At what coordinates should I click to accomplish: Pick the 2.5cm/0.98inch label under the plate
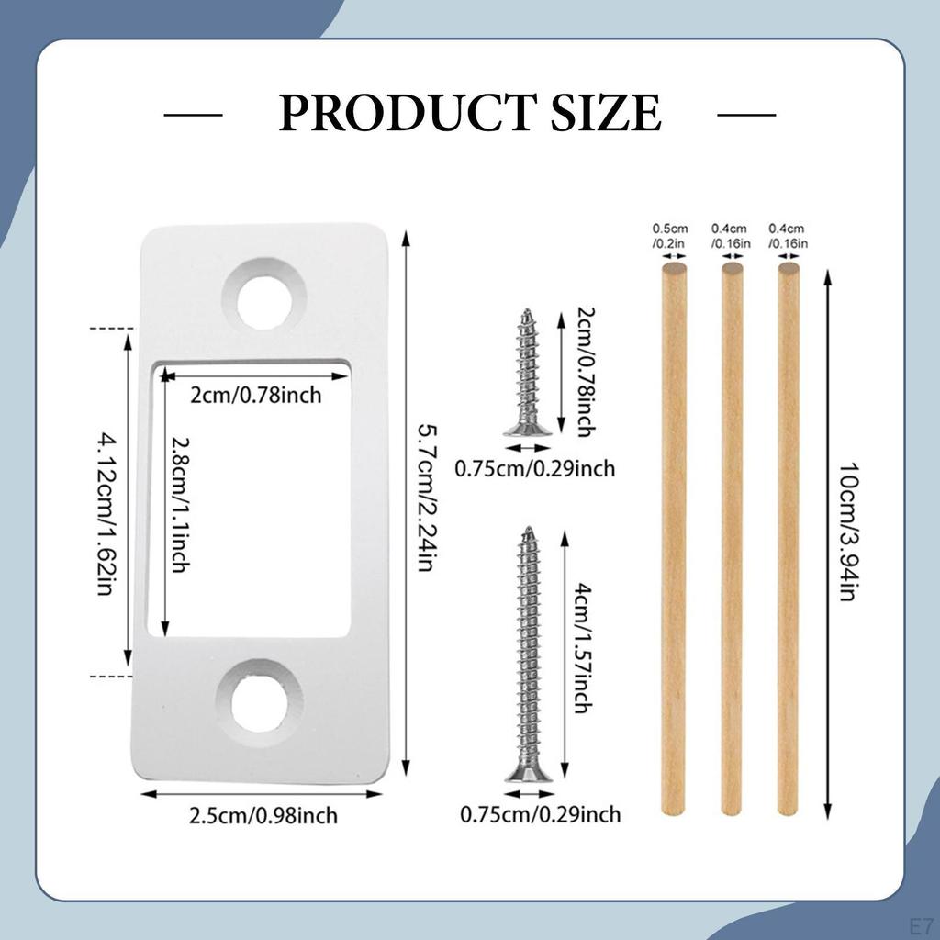[263, 815]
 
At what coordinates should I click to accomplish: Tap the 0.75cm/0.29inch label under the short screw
[535, 469]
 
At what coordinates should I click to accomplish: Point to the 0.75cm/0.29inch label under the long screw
[540, 813]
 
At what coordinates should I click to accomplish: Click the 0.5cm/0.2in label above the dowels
[669, 236]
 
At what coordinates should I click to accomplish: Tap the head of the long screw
[529, 774]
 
